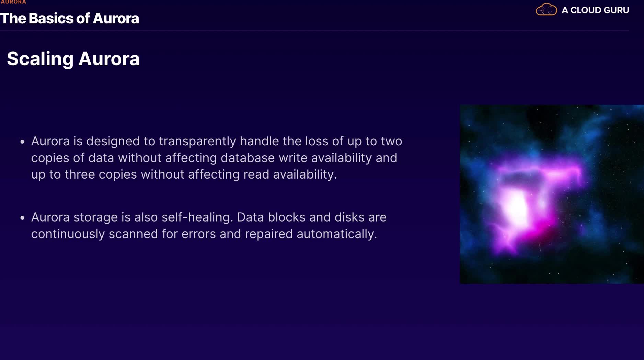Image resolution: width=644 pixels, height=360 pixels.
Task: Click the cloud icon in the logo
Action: coord(546,9)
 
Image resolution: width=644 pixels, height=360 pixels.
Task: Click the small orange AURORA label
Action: coord(13,2)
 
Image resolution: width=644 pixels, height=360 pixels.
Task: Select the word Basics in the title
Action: coord(51,19)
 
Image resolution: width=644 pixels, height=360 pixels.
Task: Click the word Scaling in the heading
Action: coord(40,59)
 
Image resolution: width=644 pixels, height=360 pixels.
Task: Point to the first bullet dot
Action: coord(22,142)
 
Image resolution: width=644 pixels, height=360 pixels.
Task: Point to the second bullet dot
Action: coord(22,218)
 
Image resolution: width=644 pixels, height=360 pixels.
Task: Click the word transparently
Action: coord(197,142)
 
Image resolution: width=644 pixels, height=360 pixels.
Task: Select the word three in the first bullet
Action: coord(80,175)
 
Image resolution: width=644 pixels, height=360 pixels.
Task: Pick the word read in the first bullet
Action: coord(256,175)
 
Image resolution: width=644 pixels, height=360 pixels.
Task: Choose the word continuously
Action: coord(68,234)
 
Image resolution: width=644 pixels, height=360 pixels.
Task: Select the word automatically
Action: coord(337,234)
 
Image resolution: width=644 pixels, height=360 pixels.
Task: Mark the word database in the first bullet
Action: coord(248,158)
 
